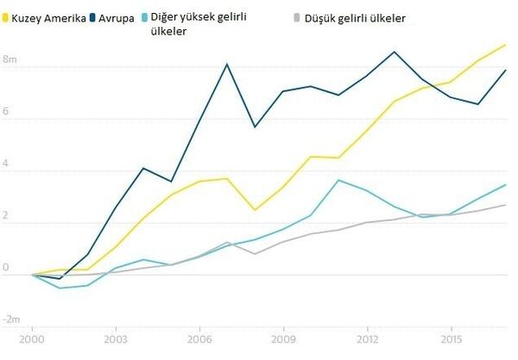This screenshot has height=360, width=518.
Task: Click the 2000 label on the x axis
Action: point(33,341)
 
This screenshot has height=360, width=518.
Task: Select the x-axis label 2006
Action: point(199,341)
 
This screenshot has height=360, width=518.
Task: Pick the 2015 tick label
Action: point(450,341)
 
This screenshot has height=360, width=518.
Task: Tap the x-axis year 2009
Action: point(283,341)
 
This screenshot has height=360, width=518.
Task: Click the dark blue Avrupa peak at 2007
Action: point(227,64)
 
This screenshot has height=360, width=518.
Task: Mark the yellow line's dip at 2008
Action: point(255,210)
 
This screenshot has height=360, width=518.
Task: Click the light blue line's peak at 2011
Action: point(338,180)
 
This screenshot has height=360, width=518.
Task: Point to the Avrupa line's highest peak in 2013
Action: point(395,52)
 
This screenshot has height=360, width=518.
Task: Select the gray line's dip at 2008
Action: point(255,254)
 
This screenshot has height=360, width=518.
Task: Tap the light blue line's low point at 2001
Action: point(60,287)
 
